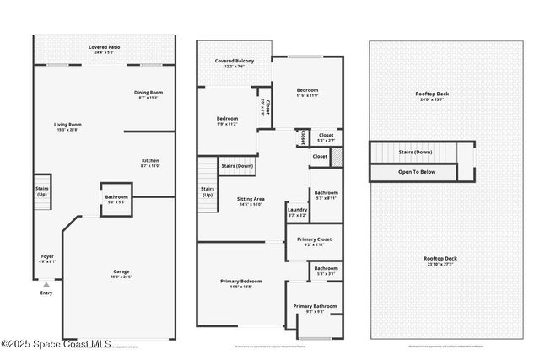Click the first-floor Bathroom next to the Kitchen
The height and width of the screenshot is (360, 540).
(116, 200)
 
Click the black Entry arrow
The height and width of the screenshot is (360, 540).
(46, 285)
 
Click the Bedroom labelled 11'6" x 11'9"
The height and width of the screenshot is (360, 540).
(306, 92)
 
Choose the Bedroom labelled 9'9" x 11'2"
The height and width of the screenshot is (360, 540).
(227, 121)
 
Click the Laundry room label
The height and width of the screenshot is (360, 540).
(297, 212)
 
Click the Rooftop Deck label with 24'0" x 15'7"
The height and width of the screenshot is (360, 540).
(431, 96)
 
